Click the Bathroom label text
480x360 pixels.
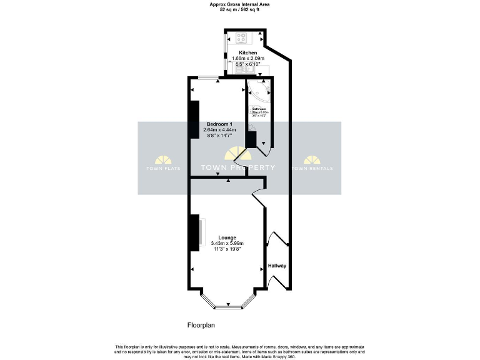(x=258, y=109)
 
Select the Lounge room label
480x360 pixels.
(x=227, y=237)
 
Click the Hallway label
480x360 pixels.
(x=277, y=266)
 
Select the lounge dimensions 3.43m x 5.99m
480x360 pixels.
(x=227, y=243)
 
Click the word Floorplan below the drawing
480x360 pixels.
(x=201, y=326)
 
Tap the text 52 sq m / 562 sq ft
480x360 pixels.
(x=240, y=9)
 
